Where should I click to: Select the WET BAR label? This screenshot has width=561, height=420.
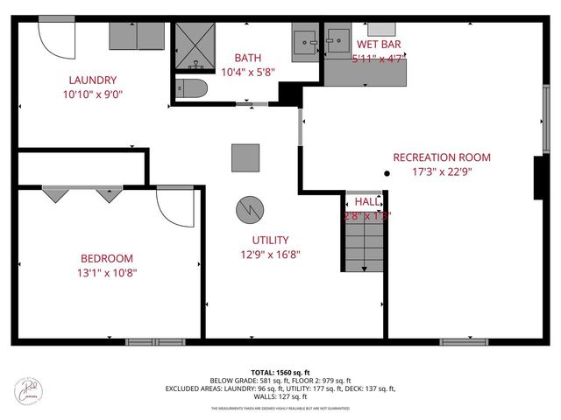(379, 45)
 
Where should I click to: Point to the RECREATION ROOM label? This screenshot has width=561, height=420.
(441, 157)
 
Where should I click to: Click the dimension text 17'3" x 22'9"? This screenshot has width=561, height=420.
(441, 171)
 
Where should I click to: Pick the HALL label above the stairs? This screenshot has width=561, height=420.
(366, 201)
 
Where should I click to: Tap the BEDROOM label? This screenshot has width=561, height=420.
(107, 258)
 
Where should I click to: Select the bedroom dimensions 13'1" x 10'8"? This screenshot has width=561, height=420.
(107, 272)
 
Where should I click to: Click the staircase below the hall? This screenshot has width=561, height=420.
(363, 245)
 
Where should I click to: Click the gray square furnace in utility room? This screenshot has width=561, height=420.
(245, 157)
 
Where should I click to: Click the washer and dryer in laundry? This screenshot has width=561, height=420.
(137, 37)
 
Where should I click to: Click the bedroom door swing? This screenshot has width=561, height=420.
(174, 206)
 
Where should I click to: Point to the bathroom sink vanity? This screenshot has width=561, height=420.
(306, 42)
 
